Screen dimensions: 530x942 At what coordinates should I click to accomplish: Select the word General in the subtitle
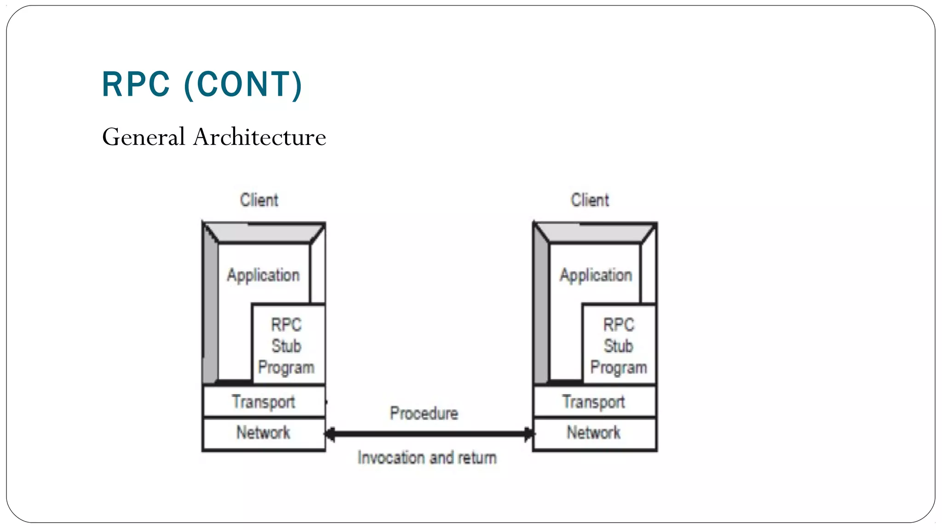[x=144, y=137]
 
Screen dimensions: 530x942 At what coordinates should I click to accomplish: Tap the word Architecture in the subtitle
[x=259, y=137]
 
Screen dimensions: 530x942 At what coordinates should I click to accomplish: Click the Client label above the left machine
[x=259, y=200]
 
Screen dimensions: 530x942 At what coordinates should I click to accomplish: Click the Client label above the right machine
[x=590, y=200]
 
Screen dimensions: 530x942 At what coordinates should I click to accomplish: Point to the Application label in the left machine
[x=263, y=275]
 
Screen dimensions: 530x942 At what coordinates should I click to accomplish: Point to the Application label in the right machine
[x=596, y=275]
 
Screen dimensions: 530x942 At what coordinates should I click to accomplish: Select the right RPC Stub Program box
[x=619, y=345]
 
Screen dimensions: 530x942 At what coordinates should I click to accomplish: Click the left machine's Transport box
[x=264, y=402]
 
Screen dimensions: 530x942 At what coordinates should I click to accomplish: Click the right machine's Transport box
[x=594, y=402]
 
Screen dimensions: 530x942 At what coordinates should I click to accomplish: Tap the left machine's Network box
[x=264, y=433]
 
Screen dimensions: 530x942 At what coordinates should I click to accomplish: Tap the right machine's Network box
[x=594, y=433]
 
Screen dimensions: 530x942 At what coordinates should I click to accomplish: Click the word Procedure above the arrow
[x=424, y=413]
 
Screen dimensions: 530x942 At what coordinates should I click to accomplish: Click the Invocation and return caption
[x=427, y=458]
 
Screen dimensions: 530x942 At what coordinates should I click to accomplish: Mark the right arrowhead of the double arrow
[x=529, y=433]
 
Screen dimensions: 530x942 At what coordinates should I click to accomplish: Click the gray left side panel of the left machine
[x=210, y=313]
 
